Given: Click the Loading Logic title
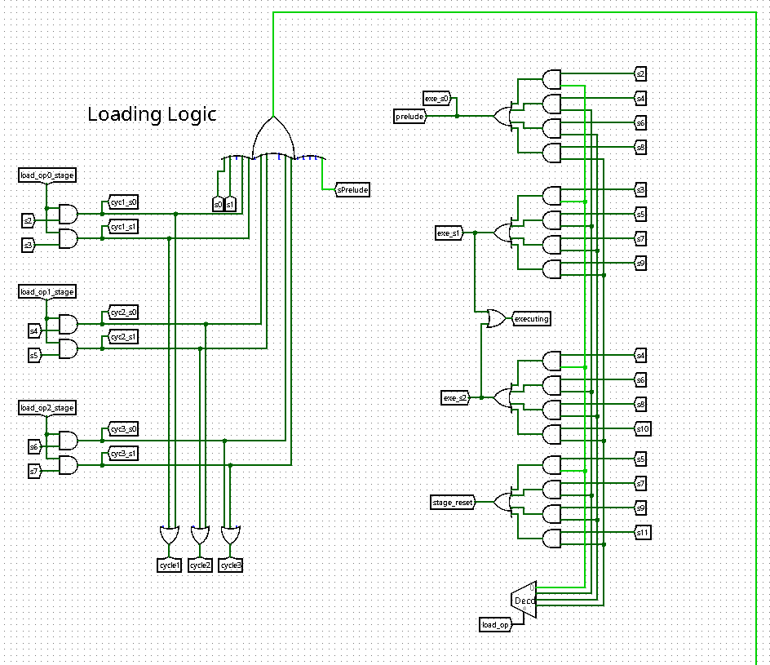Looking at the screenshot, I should [x=152, y=114].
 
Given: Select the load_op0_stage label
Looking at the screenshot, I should [x=47, y=175].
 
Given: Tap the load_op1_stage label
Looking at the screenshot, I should [x=47, y=291].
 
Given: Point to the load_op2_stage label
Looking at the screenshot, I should [x=47, y=407].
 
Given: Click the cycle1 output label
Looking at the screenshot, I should [x=170, y=565].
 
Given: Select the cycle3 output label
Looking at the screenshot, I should [x=230, y=565].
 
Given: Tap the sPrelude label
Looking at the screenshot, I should [x=353, y=189].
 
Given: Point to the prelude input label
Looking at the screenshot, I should [x=411, y=117].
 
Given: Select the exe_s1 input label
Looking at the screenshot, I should [x=449, y=233].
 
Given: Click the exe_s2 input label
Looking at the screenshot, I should [x=455, y=398].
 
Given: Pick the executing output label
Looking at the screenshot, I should [x=531, y=318].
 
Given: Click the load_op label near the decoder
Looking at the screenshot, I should [x=496, y=625].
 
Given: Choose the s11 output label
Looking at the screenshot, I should [x=643, y=533].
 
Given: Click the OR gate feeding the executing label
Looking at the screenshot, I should [x=494, y=318].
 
